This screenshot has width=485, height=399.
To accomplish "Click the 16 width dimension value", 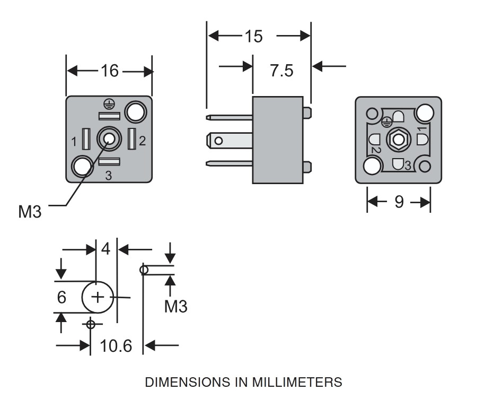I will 110,71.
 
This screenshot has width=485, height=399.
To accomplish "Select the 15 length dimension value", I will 253,36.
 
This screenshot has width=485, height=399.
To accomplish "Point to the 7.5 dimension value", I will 281,71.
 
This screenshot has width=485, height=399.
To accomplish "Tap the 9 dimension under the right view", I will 399,202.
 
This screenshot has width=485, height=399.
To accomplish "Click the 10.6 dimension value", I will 116,346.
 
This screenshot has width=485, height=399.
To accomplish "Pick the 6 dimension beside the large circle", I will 61,297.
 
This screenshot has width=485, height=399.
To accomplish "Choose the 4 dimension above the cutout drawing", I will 106,248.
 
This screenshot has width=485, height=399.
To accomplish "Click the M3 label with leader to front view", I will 30,212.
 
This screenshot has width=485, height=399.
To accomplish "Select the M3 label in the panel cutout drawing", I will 175,306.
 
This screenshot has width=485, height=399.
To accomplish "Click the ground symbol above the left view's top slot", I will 108,105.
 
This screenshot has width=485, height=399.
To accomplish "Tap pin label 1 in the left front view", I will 74,141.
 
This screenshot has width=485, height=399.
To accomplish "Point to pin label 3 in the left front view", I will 108,176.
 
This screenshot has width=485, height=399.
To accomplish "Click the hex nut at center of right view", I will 398,140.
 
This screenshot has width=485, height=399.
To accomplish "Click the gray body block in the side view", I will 277,140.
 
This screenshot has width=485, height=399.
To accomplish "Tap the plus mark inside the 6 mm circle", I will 98,297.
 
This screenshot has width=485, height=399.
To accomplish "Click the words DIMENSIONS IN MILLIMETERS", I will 243,382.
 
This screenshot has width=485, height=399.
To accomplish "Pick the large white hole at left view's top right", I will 135,111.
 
